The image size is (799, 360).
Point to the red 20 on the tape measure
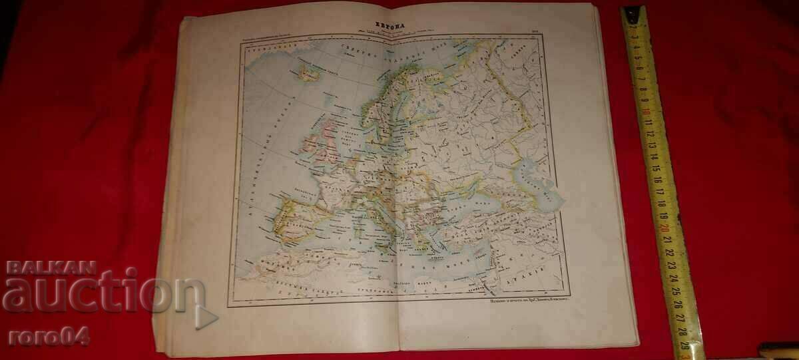(665, 226)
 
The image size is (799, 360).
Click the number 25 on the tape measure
(674, 290)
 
